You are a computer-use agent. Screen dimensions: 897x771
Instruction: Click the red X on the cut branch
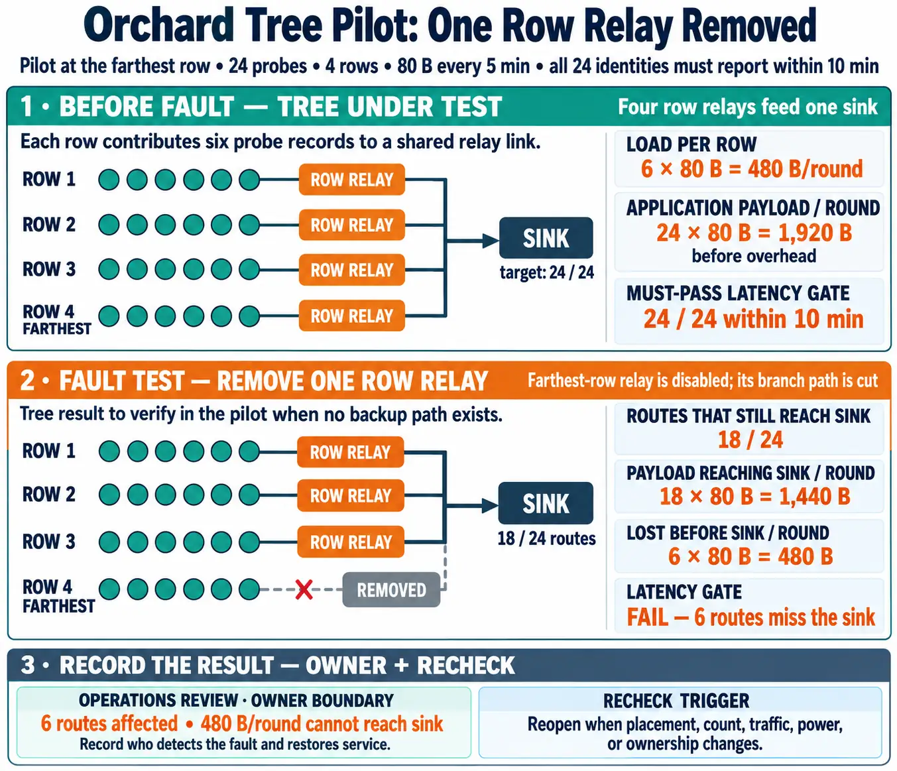click(304, 589)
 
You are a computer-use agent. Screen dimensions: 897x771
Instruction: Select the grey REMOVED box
click(391, 589)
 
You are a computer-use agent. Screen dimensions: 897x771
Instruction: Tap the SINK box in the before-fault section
click(546, 238)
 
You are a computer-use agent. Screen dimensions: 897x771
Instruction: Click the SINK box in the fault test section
click(546, 503)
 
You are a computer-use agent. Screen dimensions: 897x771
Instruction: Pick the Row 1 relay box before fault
click(351, 179)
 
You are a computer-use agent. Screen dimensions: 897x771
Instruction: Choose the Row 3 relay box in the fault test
click(351, 542)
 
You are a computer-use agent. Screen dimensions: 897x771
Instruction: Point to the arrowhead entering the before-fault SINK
click(491, 241)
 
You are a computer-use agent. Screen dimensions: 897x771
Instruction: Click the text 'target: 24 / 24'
click(546, 272)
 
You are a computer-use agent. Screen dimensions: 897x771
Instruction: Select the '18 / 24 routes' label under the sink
click(546, 538)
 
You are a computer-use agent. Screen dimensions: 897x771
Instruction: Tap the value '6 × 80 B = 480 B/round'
click(752, 169)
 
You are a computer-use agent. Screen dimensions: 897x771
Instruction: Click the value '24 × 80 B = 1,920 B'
click(754, 233)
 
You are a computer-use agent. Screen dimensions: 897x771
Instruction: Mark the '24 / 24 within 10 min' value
click(753, 319)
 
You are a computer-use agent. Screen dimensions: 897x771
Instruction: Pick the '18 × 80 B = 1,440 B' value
click(754, 496)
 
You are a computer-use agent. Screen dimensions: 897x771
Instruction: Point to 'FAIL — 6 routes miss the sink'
click(750, 617)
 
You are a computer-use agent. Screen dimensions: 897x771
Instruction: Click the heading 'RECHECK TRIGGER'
click(676, 701)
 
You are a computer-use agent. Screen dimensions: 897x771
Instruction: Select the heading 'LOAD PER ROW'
click(691, 144)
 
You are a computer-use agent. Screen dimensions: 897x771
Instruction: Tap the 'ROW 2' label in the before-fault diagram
click(48, 225)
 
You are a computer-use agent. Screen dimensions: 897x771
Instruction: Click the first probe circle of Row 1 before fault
click(109, 180)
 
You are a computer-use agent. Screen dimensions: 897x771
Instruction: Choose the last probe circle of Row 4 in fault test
click(249, 589)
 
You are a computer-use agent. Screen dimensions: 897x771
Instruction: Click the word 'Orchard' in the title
click(159, 25)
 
